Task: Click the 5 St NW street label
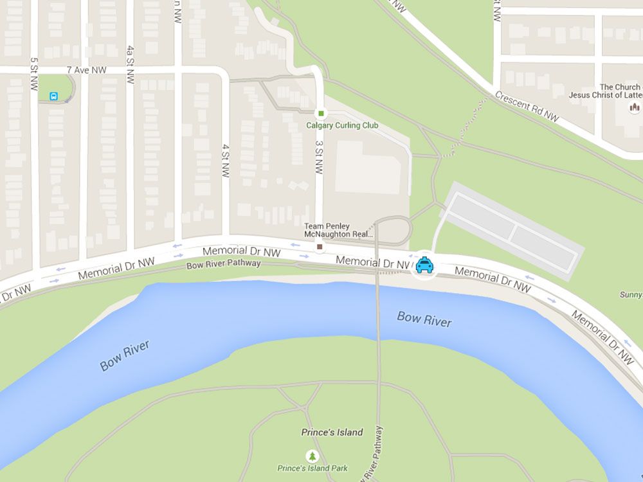(33, 73)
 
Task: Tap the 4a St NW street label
(131, 64)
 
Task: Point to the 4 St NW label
(225, 161)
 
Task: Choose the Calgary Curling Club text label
(342, 125)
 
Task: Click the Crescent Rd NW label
(527, 106)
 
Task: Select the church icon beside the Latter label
(635, 107)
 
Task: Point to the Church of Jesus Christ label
(604, 91)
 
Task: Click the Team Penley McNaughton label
(338, 230)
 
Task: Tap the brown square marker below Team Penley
(320, 246)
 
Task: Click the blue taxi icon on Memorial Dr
(424, 264)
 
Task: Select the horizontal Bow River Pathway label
(223, 264)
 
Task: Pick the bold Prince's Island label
(332, 433)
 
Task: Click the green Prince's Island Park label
(312, 469)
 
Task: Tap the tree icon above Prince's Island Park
(312, 455)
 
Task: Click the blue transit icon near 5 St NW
(54, 96)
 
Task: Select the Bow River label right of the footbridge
(424, 319)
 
